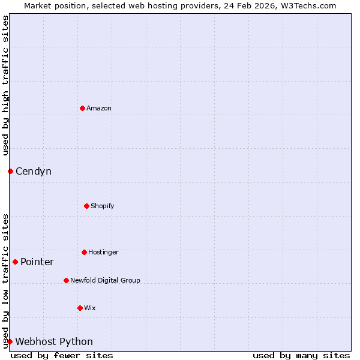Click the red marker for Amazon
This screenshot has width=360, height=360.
coord(82,108)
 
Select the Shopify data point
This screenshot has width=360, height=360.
coord(86,206)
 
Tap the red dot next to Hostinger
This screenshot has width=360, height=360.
coord(84,252)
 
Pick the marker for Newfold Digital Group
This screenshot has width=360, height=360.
coord(66,280)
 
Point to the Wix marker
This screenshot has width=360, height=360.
coord(80,308)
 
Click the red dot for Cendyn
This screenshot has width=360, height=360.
coord(10,171)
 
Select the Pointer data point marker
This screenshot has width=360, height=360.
coord(15,262)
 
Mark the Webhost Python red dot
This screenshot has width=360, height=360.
coord(10,341)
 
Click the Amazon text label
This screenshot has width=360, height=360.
coord(99,108)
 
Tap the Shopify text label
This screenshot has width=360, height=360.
coord(102,206)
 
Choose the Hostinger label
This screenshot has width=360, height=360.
coord(103,252)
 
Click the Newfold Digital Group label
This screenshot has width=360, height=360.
coord(105,280)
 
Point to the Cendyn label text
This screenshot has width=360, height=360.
coord(34,172)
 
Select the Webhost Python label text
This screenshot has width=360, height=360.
coord(54,342)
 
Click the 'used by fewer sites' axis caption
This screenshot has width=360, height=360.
coord(62,355)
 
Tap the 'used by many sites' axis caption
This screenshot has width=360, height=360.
coord(301,355)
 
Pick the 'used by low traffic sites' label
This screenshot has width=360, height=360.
coord(5,281)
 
